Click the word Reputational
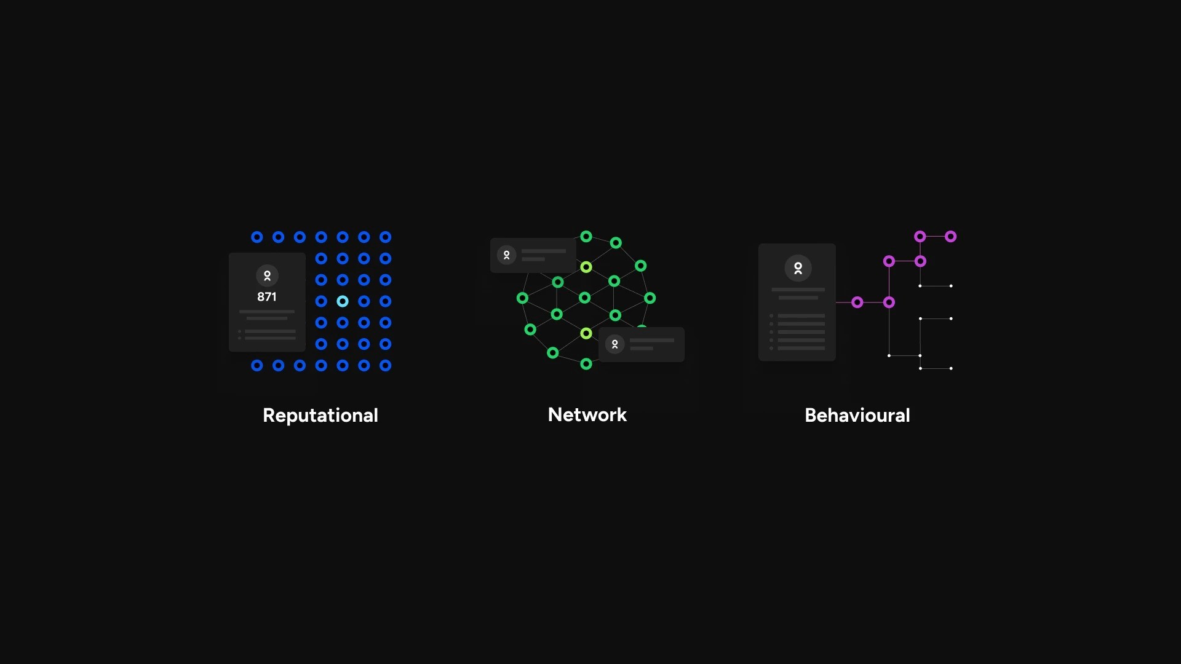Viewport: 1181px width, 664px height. coord(320,416)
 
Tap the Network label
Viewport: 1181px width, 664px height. coord(587,415)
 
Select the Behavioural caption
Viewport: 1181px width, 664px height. coord(857,416)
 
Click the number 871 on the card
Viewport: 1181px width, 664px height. coord(267,297)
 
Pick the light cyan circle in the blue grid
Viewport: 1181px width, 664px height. coord(343,301)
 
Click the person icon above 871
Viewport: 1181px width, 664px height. coord(267,276)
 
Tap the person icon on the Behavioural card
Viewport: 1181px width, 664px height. coord(798,268)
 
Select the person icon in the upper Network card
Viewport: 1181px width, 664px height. coord(506,255)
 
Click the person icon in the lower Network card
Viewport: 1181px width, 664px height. coord(614,344)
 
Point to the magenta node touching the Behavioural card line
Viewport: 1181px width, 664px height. coord(857,302)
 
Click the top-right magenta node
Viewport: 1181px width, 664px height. coord(950,237)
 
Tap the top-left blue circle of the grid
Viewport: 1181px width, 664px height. coord(257,237)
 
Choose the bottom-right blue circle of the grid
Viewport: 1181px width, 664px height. coord(386,366)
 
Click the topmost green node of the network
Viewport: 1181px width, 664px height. coord(586,237)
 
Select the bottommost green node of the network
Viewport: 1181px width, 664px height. coord(586,364)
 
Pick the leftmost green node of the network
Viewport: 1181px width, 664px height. coord(522,298)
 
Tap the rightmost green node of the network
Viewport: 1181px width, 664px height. coord(650,298)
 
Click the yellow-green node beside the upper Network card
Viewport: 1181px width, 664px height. coord(586,267)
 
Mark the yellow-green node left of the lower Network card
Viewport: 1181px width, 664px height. coord(586,333)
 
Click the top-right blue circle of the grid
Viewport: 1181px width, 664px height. coord(386,237)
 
